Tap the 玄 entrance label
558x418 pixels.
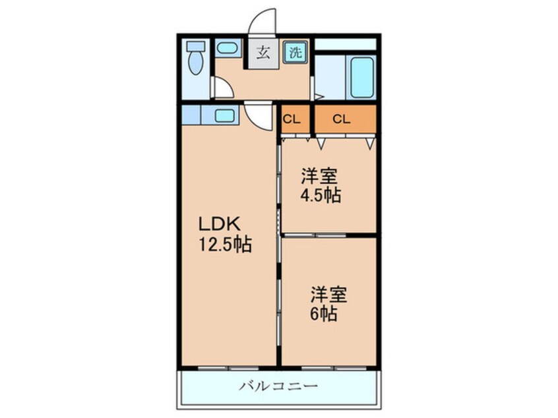point(263,53)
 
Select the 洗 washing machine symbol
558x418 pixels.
point(295,53)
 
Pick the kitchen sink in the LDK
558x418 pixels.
point(224,115)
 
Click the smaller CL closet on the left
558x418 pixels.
point(292,119)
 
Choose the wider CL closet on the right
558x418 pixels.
point(341,119)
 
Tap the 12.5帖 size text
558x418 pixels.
point(224,245)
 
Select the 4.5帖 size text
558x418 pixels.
point(321,196)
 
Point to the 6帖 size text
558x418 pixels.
point(325,313)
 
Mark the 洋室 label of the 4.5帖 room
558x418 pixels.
point(320,176)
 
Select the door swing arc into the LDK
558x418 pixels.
point(259,117)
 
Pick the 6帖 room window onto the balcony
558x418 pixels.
point(328,366)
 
